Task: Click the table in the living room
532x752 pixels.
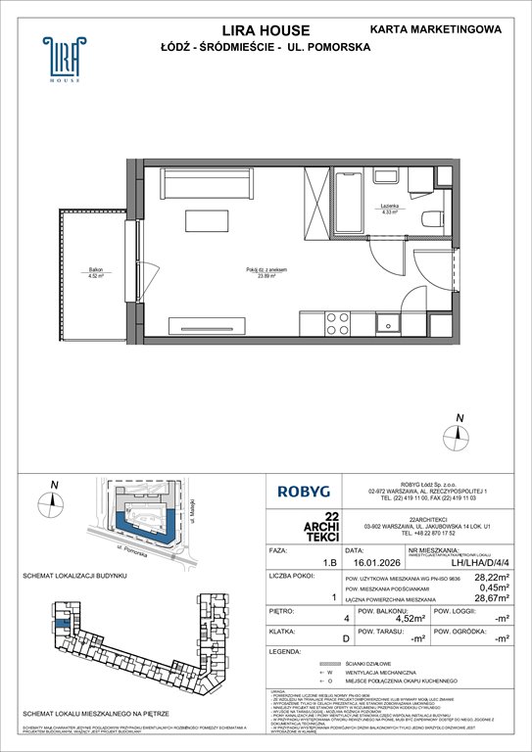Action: [212, 221]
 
